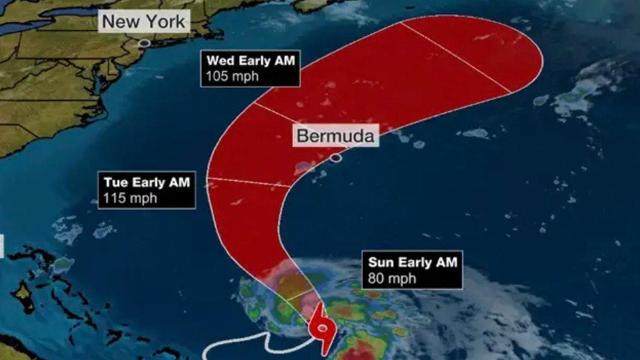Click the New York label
click(144, 21)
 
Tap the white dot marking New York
click(144, 43)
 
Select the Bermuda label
click(335, 136)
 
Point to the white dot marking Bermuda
click(335, 158)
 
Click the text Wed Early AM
click(250, 61)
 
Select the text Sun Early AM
click(411, 263)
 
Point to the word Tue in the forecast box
click(115, 183)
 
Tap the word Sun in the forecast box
click(380, 263)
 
